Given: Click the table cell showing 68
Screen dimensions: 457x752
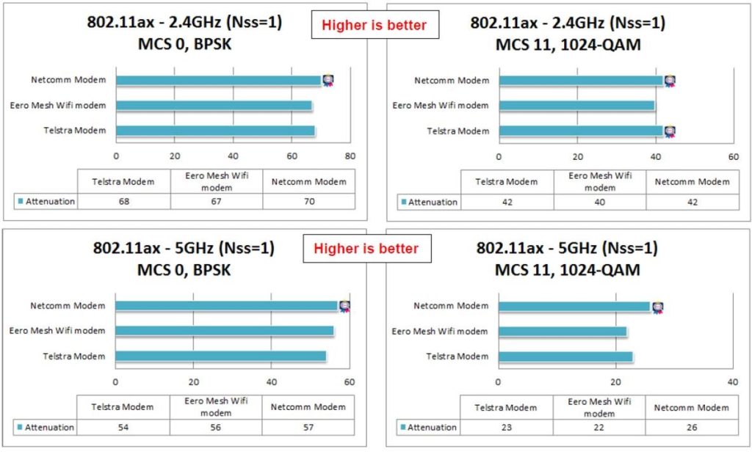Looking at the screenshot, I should pos(123,201).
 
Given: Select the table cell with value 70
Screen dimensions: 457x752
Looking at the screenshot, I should pos(309,201).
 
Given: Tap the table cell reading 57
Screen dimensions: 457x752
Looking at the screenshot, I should pos(309,427).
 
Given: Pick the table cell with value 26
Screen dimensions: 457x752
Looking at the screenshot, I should pos(693,427).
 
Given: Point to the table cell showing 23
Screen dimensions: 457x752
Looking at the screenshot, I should pos(507,427).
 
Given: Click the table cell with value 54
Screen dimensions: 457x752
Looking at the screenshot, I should pos(123,427).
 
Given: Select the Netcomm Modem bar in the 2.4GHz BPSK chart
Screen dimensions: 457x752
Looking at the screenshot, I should pos(218,81).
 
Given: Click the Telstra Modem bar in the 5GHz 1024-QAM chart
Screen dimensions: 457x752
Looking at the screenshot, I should pos(565,357).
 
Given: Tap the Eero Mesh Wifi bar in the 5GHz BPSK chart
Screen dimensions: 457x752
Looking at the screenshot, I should pos(224,331).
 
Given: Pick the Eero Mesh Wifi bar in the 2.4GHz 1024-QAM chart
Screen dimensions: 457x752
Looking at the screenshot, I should pos(576,106).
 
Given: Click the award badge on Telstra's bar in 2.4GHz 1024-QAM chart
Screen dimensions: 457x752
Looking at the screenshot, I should pos(670,131).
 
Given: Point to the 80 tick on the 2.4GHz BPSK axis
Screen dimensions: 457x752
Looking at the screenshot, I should pos(350,156).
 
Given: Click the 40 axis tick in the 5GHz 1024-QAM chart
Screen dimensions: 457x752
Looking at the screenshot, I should pos(732,382).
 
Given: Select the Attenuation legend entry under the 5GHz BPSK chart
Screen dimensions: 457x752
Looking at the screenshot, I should pos(45,427).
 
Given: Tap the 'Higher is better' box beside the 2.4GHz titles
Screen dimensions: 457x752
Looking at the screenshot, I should pos(373,26).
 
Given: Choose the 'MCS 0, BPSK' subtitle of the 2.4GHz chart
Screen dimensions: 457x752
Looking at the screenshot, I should pos(184,44).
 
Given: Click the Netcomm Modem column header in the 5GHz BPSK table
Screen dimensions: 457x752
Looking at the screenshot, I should pos(309,407).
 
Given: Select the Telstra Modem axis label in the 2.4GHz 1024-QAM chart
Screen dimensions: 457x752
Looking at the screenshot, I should pos(458,131).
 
